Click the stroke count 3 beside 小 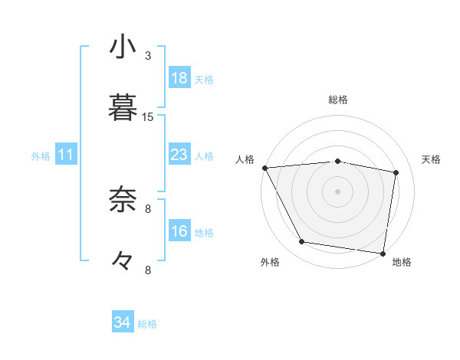click(148, 56)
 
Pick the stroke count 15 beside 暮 click(148, 116)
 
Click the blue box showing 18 click(179, 78)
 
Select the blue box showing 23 click(179, 155)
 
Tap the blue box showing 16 click(179, 231)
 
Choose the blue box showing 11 click(66, 155)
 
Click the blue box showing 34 click(123, 322)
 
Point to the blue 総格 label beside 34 click(147, 324)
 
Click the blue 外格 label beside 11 click(41, 156)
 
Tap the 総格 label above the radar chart click(338, 100)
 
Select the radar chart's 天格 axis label click(431, 159)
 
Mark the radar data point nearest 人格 click(264, 168)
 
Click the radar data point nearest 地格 click(383, 253)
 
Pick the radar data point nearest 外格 click(302, 242)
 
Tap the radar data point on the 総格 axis click(338, 161)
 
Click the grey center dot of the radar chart click(338, 191)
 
